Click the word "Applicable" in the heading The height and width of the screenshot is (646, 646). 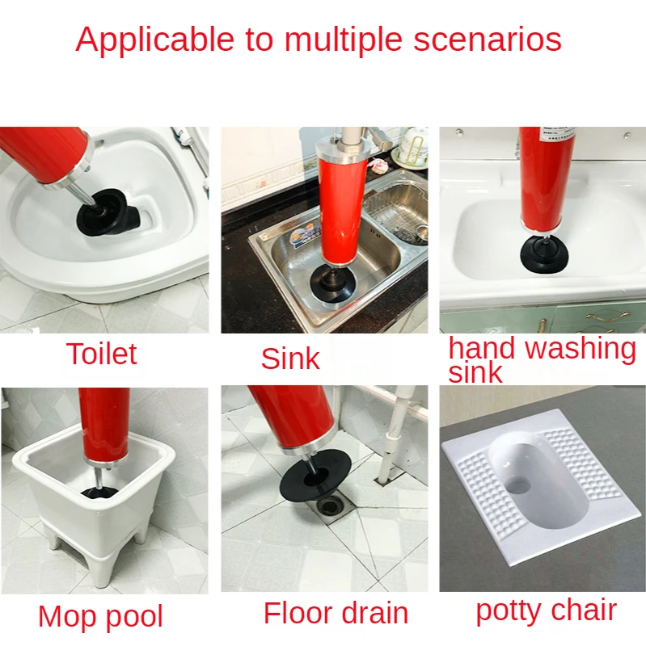(x=155, y=40)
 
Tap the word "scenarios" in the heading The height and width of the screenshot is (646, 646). (x=488, y=40)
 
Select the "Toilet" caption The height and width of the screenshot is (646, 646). (x=102, y=354)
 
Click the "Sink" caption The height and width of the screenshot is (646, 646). (x=290, y=359)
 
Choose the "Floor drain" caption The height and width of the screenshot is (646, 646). (x=336, y=613)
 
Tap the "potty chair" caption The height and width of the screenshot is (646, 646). (x=547, y=610)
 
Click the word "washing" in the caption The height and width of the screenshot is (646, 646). (x=581, y=349)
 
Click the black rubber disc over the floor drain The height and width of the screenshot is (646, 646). (x=315, y=476)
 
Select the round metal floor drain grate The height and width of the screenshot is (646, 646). (x=331, y=504)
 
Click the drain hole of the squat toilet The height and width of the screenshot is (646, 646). (x=519, y=486)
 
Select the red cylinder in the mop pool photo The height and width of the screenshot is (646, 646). (x=103, y=425)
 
